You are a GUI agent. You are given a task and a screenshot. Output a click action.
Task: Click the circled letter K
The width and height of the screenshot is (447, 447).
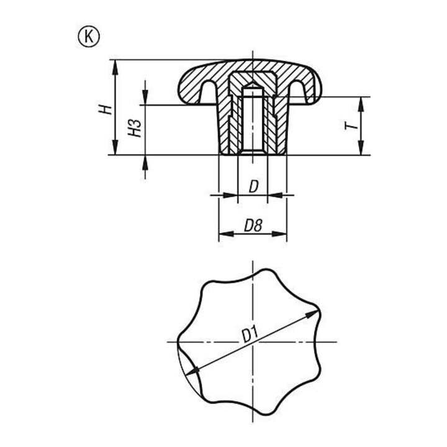pyautogui.click(x=89, y=37)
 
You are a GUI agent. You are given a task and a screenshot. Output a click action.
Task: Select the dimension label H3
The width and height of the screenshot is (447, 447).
pyautogui.click(x=135, y=128)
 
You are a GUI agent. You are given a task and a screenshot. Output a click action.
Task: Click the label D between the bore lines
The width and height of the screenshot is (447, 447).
pyautogui.click(x=253, y=187)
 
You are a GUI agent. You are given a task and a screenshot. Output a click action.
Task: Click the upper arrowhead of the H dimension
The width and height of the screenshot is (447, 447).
pyautogui.click(x=115, y=67)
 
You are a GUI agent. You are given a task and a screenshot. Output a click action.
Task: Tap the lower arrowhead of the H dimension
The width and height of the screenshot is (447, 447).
pyautogui.click(x=115, y=147)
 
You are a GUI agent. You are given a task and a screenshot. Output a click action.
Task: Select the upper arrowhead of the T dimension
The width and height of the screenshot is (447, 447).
pyautogui.click(x=361, y=104)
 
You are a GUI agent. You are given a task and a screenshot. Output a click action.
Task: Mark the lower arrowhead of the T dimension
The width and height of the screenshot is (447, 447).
pyautogui.click(x=361, y=148)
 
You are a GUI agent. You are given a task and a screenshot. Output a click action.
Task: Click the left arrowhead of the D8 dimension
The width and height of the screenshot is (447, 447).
pyautogui.click(x=227, y=234)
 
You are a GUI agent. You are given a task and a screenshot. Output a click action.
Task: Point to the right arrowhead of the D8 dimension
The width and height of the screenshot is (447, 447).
pyautogui.click(x=279, y=234)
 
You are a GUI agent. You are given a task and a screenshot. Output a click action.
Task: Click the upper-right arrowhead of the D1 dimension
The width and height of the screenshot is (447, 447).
pyautogui.click(x=312, y=314)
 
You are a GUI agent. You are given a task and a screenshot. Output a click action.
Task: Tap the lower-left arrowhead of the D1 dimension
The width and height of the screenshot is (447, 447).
pyautogui.click(x=192, y=371)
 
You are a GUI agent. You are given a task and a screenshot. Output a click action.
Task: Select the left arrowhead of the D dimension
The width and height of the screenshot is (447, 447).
pyautogui.click(x=230, y=196)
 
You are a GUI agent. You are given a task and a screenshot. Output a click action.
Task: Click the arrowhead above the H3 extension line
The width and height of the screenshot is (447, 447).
pyautogui.click(x=145, y=97)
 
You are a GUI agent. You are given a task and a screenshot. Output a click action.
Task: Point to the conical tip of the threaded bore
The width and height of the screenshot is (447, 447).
pyautogui.click(x=253, y=85)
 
